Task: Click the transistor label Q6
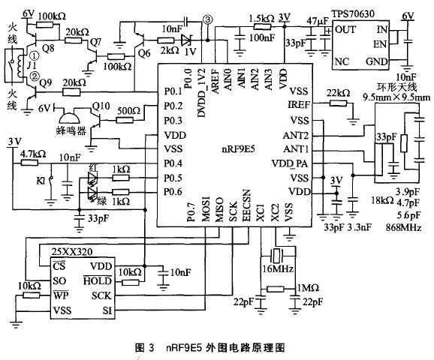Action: [x=143, y=55]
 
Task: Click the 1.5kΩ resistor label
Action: [x=261, y=16]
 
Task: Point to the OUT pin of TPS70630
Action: [x=345, y=29]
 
